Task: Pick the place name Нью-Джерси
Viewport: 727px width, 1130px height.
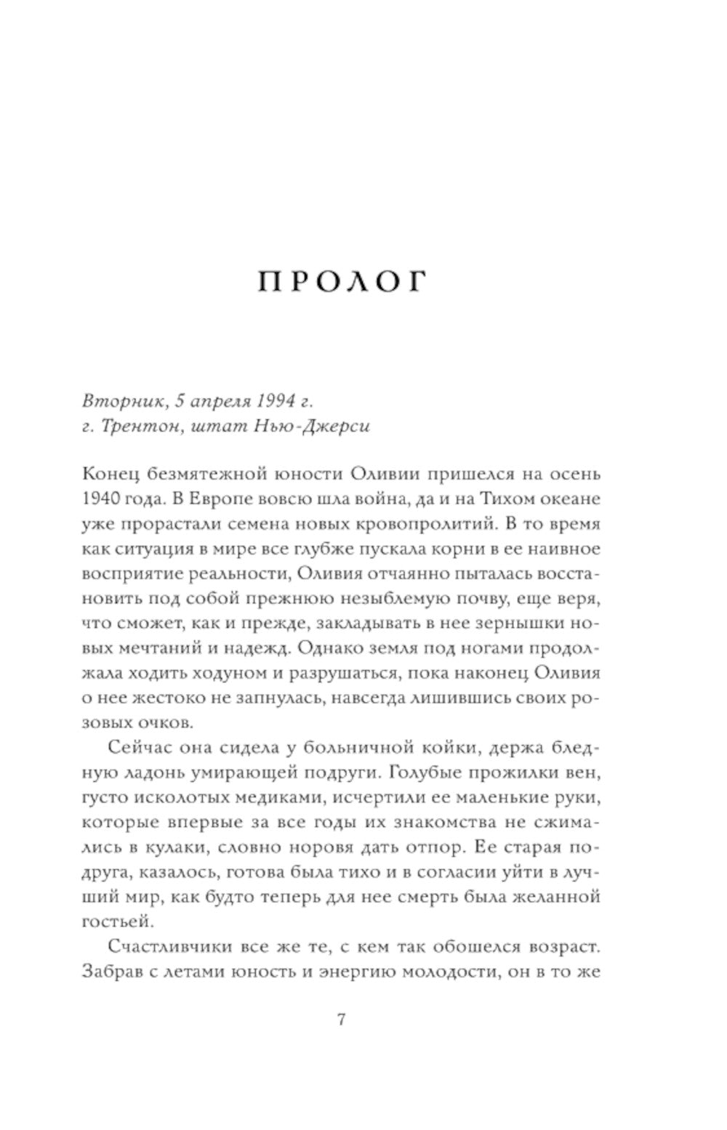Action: [x=318, y=426]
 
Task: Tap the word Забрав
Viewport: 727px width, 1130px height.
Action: [x=126, y=972]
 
